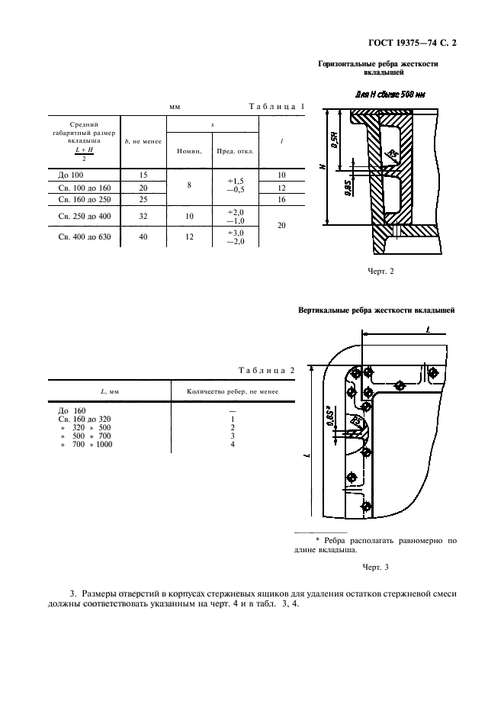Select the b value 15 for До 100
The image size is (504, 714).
coord(143,175)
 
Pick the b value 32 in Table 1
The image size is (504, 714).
coord(143,216)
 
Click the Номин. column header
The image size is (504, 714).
coord(188,151)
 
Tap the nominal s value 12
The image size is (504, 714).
coord(188,236)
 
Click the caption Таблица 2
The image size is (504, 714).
coord(267,370)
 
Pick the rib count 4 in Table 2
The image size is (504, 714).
coord(232,444)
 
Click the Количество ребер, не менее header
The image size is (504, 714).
coord(232,391)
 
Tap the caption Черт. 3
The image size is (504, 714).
coord(375,567)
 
